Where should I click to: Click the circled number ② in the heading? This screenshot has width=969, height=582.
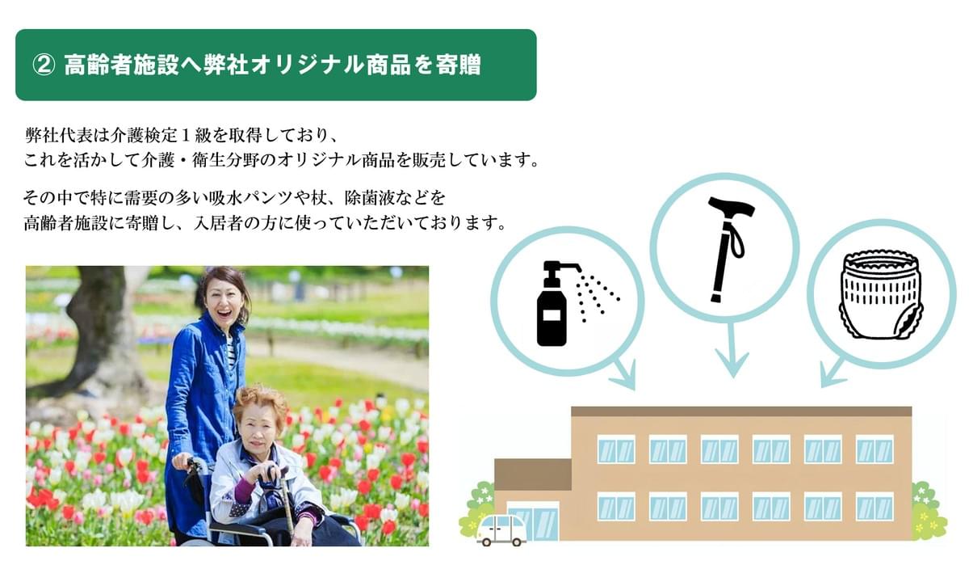point(44,65)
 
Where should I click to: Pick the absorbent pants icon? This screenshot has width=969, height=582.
point(881,294)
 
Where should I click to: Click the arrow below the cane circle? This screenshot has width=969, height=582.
point(732,350)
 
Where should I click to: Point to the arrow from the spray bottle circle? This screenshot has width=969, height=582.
point(623,373)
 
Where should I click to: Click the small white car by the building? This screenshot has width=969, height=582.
point(501,530)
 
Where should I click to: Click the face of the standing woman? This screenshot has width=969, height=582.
point(224,304)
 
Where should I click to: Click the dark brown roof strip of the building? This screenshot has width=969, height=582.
point(741,411)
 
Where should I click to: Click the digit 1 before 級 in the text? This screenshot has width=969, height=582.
point(186,137)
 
